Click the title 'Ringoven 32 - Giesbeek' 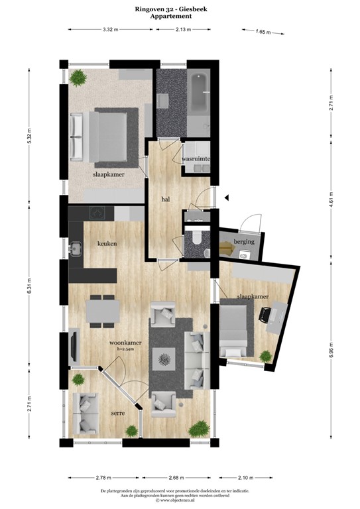click(x=180, y=10)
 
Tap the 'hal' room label click(x=166, y=199)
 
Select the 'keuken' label click(x=107, y=243)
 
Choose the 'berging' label click(x=244, y=242)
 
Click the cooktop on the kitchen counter click(x=97, y=213)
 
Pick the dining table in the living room click(x=102, y=310)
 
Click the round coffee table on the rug click(x=164, y=361)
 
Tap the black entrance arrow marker click(x=226, y=197)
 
